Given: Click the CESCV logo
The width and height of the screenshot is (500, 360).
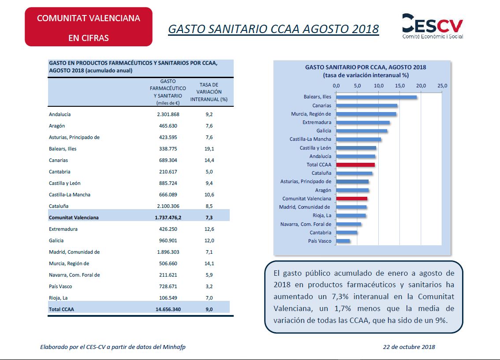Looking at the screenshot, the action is coord(433,26).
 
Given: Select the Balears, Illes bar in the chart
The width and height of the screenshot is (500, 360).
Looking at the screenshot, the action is coord(376,97).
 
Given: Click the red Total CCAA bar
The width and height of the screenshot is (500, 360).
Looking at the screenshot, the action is coord(355,165).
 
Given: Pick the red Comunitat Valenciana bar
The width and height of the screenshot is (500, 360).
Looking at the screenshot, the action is coord(352,199).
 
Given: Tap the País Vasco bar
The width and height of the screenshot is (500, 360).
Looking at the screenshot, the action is coord(343,241).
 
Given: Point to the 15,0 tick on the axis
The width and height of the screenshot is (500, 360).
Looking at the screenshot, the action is coord(399,86).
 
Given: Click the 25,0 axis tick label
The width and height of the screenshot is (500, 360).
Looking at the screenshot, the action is coord(442,86).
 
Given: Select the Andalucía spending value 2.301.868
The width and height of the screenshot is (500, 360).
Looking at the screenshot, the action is coord(168,114).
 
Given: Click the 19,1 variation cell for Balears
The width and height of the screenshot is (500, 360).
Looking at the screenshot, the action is coord(209,149).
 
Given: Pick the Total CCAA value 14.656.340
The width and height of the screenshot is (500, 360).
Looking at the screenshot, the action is coord(168,309).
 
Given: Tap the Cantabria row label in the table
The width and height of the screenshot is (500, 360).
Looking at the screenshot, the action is coord(60,172).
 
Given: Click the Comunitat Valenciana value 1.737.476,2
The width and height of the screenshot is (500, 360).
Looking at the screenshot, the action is coord(168,217).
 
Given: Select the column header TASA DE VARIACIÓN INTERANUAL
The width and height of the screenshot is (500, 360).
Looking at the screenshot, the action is coord(209,92).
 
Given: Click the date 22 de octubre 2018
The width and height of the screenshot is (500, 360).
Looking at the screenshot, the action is coord(409,347).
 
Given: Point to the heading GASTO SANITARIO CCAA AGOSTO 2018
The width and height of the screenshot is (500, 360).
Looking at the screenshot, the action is coord(273,29).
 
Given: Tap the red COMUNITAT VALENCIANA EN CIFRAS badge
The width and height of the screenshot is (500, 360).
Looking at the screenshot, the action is coord(89,27).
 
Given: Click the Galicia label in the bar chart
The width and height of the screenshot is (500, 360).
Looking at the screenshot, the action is coord(324,131).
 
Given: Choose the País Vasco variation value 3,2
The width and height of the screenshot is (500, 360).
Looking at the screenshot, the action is coord(209,286).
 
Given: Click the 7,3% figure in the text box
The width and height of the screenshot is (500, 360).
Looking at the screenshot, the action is coord(340,296).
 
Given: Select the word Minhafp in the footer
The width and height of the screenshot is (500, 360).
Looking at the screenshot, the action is coord(174,347).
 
